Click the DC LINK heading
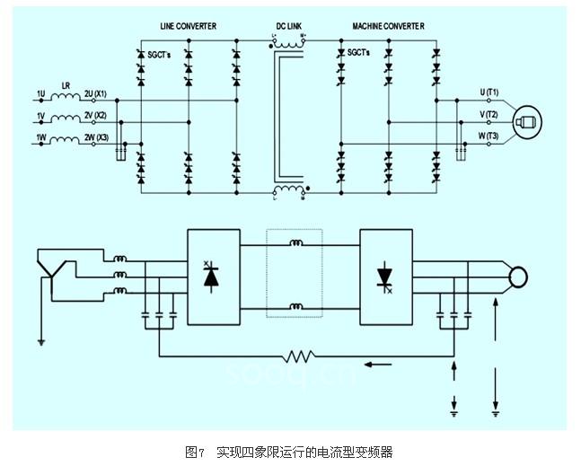[288, 27]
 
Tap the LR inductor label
[66, 85]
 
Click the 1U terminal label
[40, 93]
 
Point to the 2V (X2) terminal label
[95, 116]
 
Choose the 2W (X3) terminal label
[95, 138]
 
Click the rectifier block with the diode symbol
[213, 277]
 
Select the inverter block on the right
[386, 277]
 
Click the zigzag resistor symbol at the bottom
[298, 356]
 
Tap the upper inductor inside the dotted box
[295, 242]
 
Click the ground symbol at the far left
[40, 340]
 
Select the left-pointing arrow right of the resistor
[378, 365]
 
